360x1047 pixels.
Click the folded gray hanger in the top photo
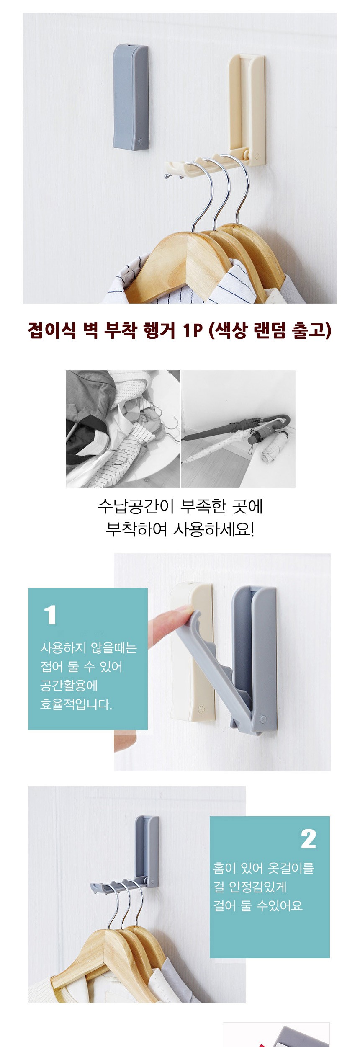(131, 96)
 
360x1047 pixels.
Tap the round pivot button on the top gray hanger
(141, 142)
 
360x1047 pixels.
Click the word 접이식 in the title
(52, 331)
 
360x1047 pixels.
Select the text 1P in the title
(193, 331)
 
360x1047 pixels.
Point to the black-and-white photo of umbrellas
(238, 428)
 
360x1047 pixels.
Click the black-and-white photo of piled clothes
(123, 428)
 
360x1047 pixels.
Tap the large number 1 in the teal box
(50, 615)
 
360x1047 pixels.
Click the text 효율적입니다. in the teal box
(76, 704)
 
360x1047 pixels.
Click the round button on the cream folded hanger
(201, 709)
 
